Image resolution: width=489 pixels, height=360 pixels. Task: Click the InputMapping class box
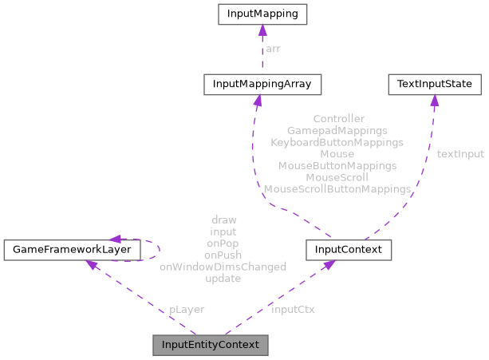tap(262, 14)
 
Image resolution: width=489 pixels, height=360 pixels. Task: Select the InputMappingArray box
tap(262, 83)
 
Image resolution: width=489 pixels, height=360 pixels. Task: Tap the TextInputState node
tap(434, 83)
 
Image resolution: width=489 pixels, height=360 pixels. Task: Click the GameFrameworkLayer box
tap(72, 250)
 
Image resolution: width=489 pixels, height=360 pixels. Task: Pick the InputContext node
tap(349, 250)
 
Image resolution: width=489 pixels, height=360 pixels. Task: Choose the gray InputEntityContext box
tap(211, 346)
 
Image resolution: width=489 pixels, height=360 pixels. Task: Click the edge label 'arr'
tap(273, 49)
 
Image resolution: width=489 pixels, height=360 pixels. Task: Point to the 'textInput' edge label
tap(459, 154)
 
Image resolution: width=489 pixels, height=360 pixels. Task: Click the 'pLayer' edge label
tap(186, 309)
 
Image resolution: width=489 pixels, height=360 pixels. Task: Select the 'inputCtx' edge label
tap(293, 309)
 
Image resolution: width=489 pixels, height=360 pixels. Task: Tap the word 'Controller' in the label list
tap(338, 118)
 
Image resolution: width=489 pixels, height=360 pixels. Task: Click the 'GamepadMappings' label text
tap(337, 130)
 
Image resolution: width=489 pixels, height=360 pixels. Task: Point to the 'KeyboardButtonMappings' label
tap(337, 142)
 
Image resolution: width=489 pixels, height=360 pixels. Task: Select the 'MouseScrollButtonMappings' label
tap(337, 190)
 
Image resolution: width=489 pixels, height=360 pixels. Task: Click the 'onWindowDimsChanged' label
tap(223, 267)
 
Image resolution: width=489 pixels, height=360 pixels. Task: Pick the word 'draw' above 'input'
tap(223, 220)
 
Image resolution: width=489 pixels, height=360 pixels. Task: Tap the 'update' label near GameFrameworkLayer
tap(223, 279)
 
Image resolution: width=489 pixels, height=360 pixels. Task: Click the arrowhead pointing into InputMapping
tap(262, 30)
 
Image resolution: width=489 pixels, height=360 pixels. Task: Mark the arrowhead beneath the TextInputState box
tap(434, 100)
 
